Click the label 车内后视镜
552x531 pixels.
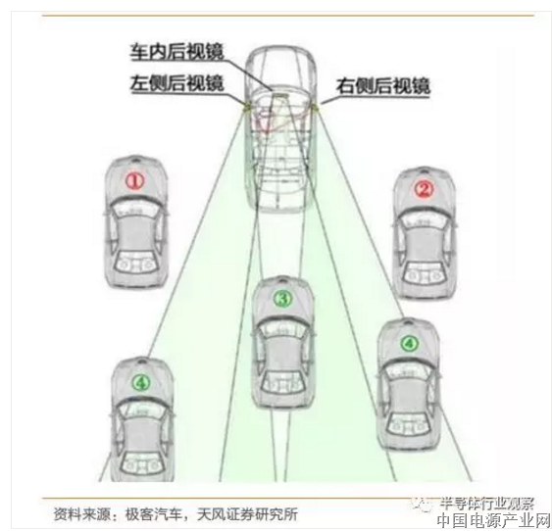click(177, 52)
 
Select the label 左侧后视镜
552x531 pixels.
click(177, 83)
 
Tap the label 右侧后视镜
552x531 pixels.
click(383, 86)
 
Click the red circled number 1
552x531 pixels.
click(135, 181)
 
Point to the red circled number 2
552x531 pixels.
click(424, 189)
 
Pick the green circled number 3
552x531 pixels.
click(283, 299)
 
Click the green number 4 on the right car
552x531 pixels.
click(409, 344)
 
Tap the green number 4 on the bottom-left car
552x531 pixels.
click(141, 382)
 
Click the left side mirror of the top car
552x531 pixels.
click(245, 105)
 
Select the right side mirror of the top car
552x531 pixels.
click(315, 105)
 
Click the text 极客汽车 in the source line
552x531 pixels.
click(154, 514)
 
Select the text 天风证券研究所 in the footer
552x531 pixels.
click(247, 514)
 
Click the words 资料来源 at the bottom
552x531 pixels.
click(81, 514)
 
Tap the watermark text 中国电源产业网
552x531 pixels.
click(494, 521)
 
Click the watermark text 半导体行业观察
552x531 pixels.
click(486, 504)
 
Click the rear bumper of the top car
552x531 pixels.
click(279, 208)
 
